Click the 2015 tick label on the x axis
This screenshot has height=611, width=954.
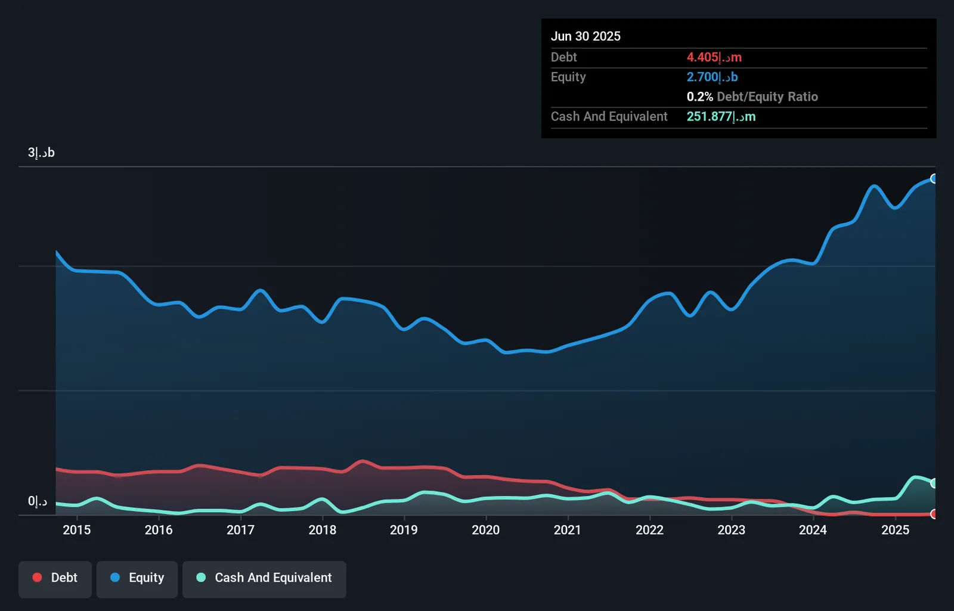77,530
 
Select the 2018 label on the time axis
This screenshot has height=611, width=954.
323,530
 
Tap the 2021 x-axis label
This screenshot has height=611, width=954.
567,530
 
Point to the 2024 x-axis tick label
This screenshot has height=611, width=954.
813,530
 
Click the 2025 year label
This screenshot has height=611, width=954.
895,530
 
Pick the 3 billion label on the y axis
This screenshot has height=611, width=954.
41,153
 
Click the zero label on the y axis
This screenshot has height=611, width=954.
38,501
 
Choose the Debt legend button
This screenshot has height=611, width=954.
55,579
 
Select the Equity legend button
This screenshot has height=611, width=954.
137,579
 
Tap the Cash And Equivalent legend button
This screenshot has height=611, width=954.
264,579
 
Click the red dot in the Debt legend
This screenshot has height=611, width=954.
38,578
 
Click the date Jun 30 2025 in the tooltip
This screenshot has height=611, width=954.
586,36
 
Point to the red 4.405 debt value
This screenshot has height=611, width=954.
714,57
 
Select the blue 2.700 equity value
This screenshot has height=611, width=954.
712,77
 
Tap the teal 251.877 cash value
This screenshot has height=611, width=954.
721,117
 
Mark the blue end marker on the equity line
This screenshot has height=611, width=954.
933,178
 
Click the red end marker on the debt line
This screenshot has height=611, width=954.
933,514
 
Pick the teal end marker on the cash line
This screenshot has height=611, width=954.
933,483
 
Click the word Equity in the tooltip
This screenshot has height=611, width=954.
568,77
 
